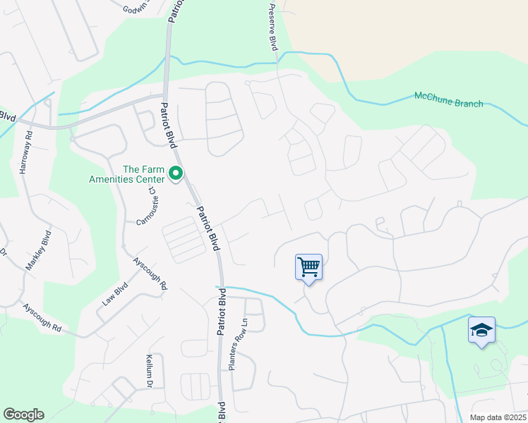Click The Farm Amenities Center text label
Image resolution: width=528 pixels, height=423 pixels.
(144, 174)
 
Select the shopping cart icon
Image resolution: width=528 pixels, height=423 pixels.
(308, 267)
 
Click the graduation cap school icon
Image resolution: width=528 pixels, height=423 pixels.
(481, 331)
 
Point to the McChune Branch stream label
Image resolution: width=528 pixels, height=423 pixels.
(448, 99)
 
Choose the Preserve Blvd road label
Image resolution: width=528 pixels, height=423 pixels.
(272, 27)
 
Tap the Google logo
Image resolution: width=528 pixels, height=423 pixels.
(23, 415)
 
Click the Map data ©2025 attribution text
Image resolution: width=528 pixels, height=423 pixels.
(498, 417)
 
